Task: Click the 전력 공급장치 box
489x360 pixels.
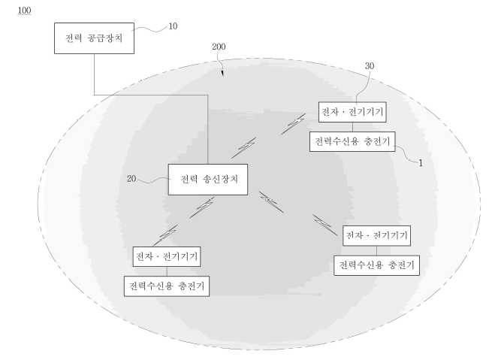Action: pos(94,38)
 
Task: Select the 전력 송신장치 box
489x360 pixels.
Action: pos(208,180)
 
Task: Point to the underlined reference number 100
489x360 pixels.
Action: pos(24,11)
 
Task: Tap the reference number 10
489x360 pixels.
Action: pos(173,26)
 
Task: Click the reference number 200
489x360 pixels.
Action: pos(219,47)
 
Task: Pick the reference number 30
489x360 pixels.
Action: pos(370,66)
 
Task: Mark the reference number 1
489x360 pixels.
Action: pos(421,163)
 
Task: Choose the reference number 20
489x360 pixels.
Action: pos(131,178)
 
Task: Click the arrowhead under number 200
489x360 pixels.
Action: pos(222,74)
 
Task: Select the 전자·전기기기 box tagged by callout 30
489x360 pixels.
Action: pos(352,112)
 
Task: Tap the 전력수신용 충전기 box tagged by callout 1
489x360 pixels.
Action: pos(352,141)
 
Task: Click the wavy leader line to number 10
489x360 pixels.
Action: pos(149,29)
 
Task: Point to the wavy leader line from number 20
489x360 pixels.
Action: pos(154,180)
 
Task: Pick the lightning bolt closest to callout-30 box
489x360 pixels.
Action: pos(293,124)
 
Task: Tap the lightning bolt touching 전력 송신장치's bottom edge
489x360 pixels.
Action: pos(202,207)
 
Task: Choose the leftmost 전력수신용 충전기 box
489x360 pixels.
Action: pos(167,286)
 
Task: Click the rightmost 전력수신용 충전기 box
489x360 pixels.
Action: pos(377,265)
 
